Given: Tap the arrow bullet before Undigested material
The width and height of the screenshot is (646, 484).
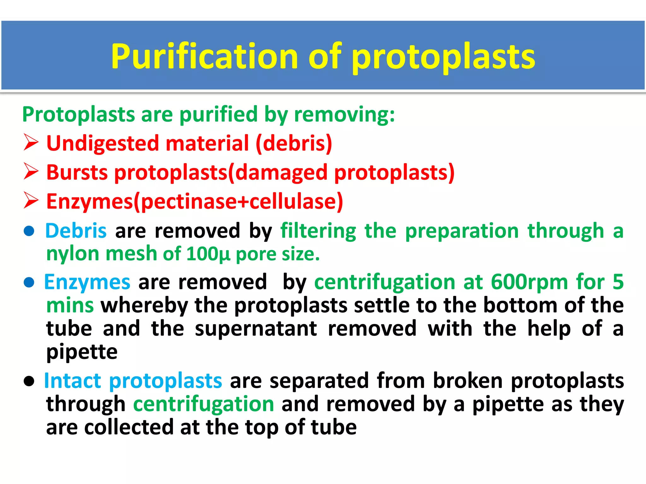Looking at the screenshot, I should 31,142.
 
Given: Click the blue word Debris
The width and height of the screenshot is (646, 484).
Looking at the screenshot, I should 76,231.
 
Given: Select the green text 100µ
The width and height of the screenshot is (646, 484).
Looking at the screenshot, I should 208,254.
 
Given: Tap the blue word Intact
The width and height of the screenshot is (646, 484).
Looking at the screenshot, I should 73,381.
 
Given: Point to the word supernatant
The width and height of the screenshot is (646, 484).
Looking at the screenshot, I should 256,329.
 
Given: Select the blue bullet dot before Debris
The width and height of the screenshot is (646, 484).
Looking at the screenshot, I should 29,231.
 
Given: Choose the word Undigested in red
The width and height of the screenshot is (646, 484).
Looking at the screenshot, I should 103,143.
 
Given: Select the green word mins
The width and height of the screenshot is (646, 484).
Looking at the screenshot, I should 70,306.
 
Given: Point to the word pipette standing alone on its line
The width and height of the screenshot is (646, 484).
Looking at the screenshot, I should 82,352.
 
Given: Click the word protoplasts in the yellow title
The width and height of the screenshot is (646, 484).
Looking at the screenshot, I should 443,57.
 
